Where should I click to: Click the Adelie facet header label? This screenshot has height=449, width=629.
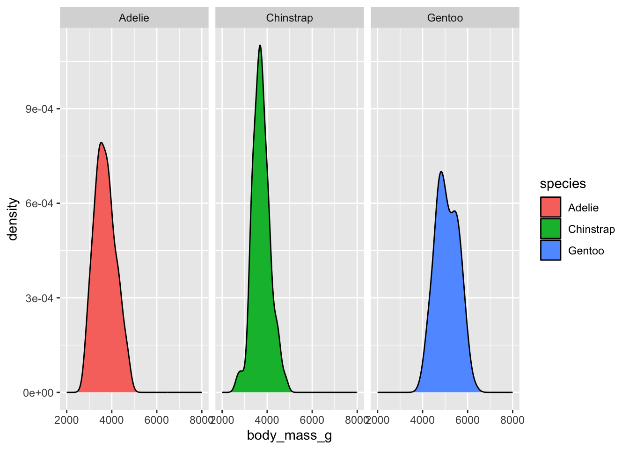[x=134, y=18]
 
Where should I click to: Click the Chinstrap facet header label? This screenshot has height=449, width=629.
[x=289, y=18]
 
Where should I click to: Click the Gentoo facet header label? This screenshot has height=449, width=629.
[x=445, y=18]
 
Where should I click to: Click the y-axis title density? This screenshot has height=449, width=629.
[x=13, y=219]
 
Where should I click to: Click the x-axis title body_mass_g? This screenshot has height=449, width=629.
[x=289, y=436]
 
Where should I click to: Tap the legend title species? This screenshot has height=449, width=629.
[x=563, y=184]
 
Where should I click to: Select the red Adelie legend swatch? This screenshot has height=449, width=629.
[x=550, y=207]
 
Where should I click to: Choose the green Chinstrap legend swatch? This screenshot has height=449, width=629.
[x=550, y=229]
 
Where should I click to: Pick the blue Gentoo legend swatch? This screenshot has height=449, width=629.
[x=550, y=250]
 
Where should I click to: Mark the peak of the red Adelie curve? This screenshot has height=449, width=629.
[x=101, y=143]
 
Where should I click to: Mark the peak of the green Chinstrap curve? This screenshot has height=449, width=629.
[x=260, y=45]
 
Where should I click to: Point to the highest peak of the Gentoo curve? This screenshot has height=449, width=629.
[x=441, y=172]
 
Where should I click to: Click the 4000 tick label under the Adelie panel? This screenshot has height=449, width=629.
[x=111, y=420]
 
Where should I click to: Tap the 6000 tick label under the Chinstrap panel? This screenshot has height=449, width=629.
[x=312, y=420]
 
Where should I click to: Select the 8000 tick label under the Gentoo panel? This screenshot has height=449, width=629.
[x=512, y=420]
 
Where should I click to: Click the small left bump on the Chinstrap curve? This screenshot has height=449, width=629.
[x=240, y=371]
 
